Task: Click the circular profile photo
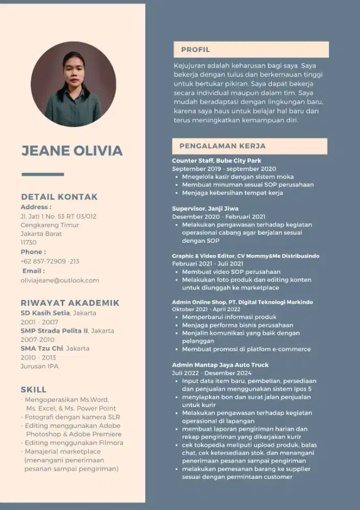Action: click(73, 84)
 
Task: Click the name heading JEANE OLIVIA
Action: click(72, 150)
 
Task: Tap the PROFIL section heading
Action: click(196, 49)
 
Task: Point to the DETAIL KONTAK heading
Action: click(59, 197)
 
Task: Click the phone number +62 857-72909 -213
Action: click(50, 261)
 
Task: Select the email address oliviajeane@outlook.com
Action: click(60, 280)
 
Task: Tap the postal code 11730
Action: click(29, 242)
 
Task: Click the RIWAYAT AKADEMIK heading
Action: click(70, 302)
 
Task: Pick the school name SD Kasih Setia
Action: click(44, 313)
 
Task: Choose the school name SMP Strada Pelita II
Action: click(54, 330)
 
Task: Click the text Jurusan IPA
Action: click(39, 366)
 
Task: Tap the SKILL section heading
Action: click(34, 390)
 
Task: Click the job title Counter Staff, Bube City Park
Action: click(216, 161)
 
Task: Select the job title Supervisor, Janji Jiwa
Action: click(205, 209)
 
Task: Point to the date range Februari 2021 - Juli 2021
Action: click(208, 264)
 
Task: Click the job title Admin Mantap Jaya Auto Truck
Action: click(220, 365)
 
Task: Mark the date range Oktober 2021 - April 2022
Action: click(206, 309)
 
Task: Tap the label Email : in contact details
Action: click(33, 271)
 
